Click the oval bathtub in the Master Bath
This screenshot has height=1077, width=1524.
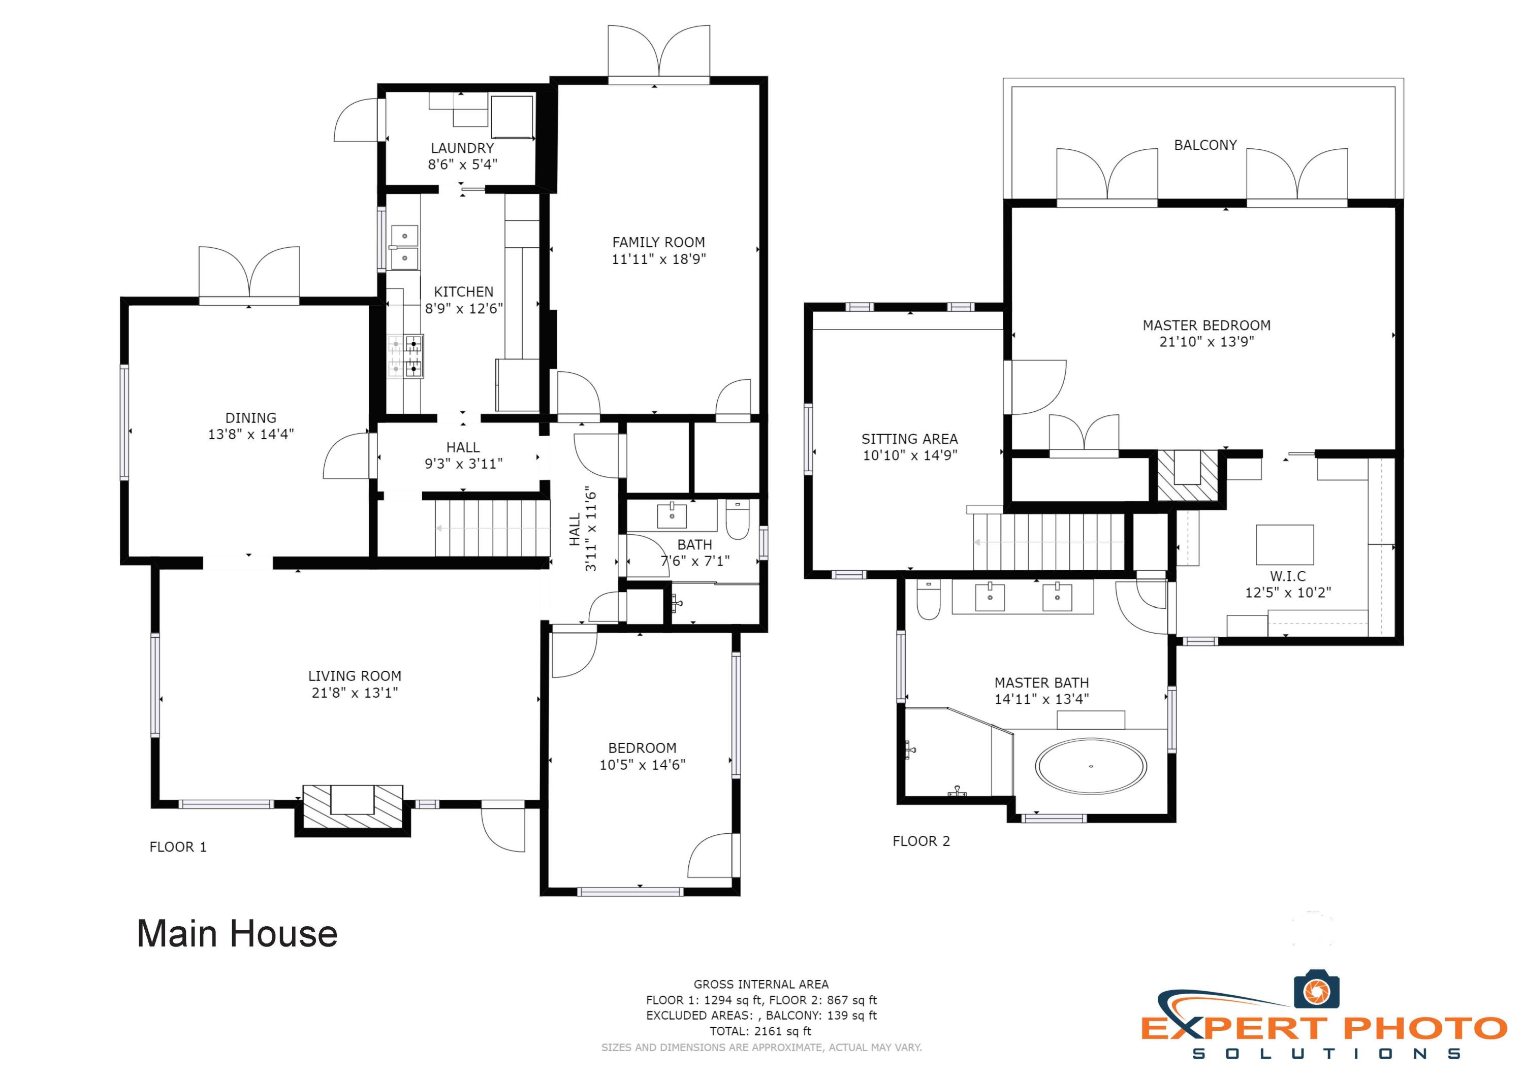click(1091, 766)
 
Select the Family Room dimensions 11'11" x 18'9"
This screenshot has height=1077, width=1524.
click(658, 259)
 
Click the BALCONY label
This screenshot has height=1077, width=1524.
click(1205, 145)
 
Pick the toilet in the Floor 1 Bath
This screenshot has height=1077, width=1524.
click(738, 519)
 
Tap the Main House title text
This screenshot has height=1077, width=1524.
click(237, 934)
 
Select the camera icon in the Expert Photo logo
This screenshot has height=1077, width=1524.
click(1316, 991)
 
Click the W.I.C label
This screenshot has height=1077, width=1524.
click(1288, 576)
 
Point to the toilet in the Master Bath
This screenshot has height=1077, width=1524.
click(928, 599)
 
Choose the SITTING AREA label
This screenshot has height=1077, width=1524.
click(909, 439)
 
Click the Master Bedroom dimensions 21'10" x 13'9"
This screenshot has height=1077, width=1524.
click(1206, 342)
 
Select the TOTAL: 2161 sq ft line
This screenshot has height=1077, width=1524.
click(760, 1031)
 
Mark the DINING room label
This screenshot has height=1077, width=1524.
click(251, 417)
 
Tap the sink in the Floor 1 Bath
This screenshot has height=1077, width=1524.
click(672, 515)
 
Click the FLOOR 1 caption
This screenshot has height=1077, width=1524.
click(178, 847)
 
